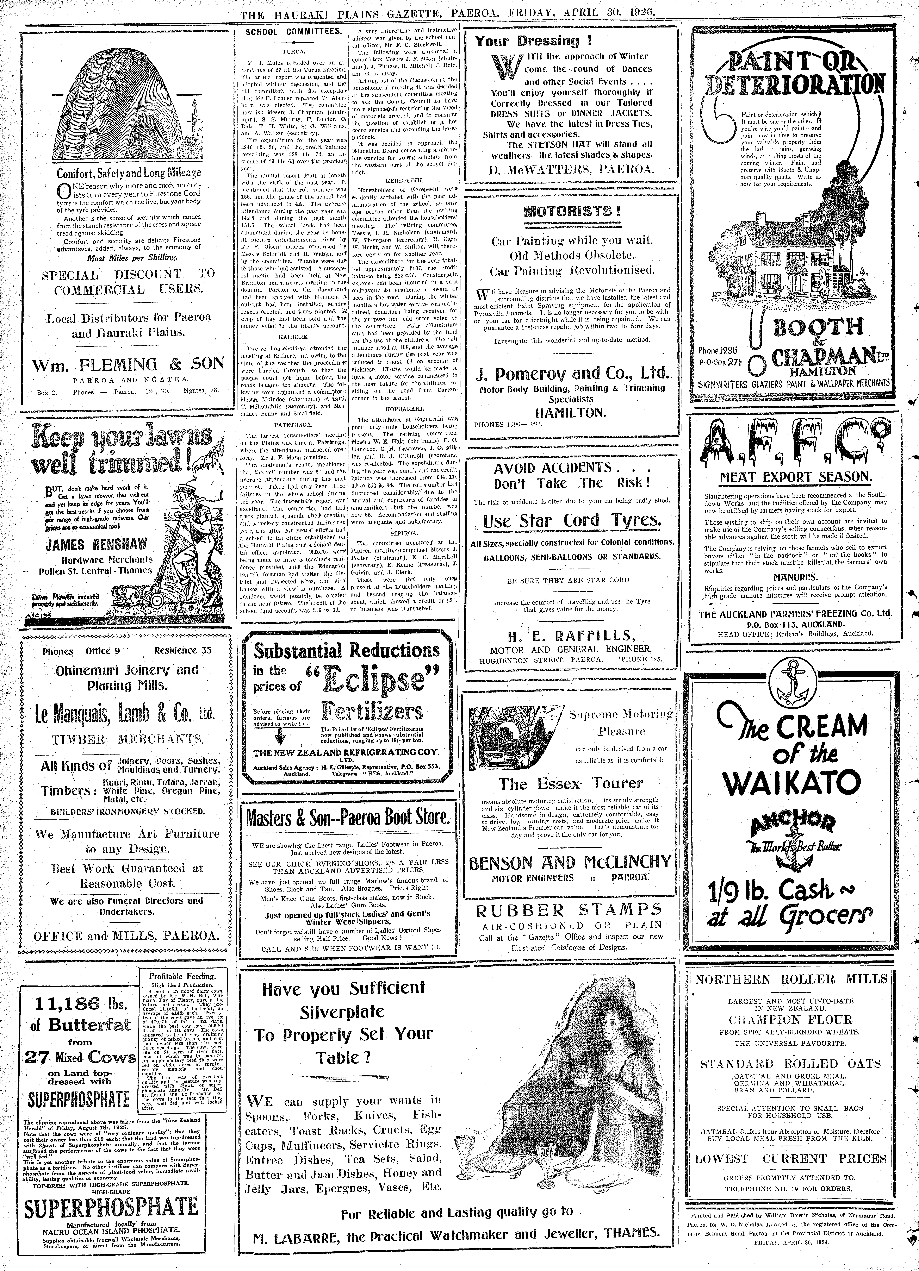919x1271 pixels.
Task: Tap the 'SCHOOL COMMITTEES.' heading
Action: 294,31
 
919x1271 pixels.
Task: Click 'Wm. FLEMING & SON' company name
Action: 128,365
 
